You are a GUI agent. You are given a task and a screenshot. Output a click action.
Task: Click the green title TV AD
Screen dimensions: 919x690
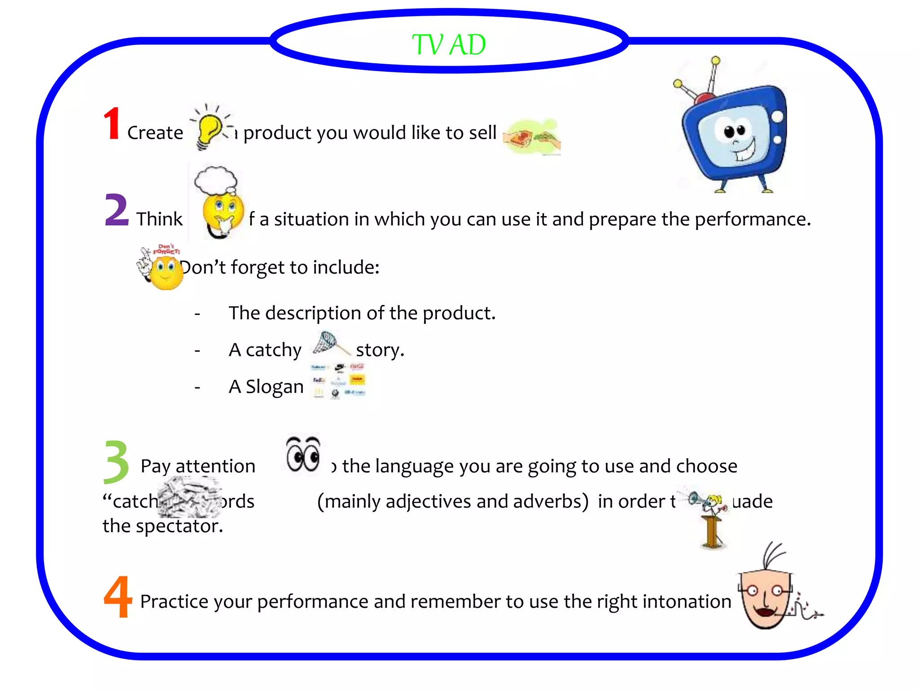449,45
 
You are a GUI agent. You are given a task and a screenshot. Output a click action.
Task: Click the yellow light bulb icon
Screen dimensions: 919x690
209,128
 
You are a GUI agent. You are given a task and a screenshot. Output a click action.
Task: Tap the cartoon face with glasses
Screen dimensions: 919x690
767,593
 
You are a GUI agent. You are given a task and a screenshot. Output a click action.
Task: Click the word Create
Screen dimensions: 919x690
155,133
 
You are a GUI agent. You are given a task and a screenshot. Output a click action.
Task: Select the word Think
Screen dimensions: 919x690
159,219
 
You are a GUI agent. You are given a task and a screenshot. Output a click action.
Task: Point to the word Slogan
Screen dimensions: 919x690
275,387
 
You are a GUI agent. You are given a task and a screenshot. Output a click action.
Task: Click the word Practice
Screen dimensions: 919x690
174,602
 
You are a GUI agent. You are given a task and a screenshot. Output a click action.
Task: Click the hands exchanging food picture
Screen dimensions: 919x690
532,137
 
